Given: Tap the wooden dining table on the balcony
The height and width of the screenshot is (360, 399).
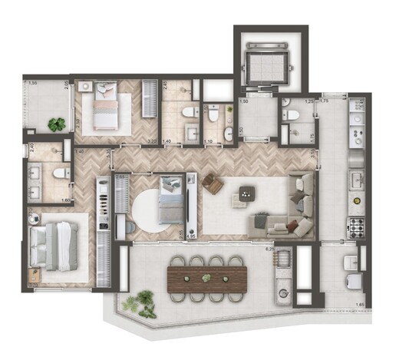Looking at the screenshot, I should click(206, 276).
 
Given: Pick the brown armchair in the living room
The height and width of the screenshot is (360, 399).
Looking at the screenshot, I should click(213, 184).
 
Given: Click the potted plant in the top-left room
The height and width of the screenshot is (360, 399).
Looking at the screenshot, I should click(55, 124).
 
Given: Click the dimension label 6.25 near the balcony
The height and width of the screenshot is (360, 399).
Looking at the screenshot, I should click(269, 249).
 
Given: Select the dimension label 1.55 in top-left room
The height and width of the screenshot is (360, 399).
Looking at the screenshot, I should click(33, 83).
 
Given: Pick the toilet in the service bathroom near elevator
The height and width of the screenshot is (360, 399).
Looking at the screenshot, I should click(291, 115).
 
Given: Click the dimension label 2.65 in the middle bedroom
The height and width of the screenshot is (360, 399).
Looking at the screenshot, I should click(120, 177).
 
